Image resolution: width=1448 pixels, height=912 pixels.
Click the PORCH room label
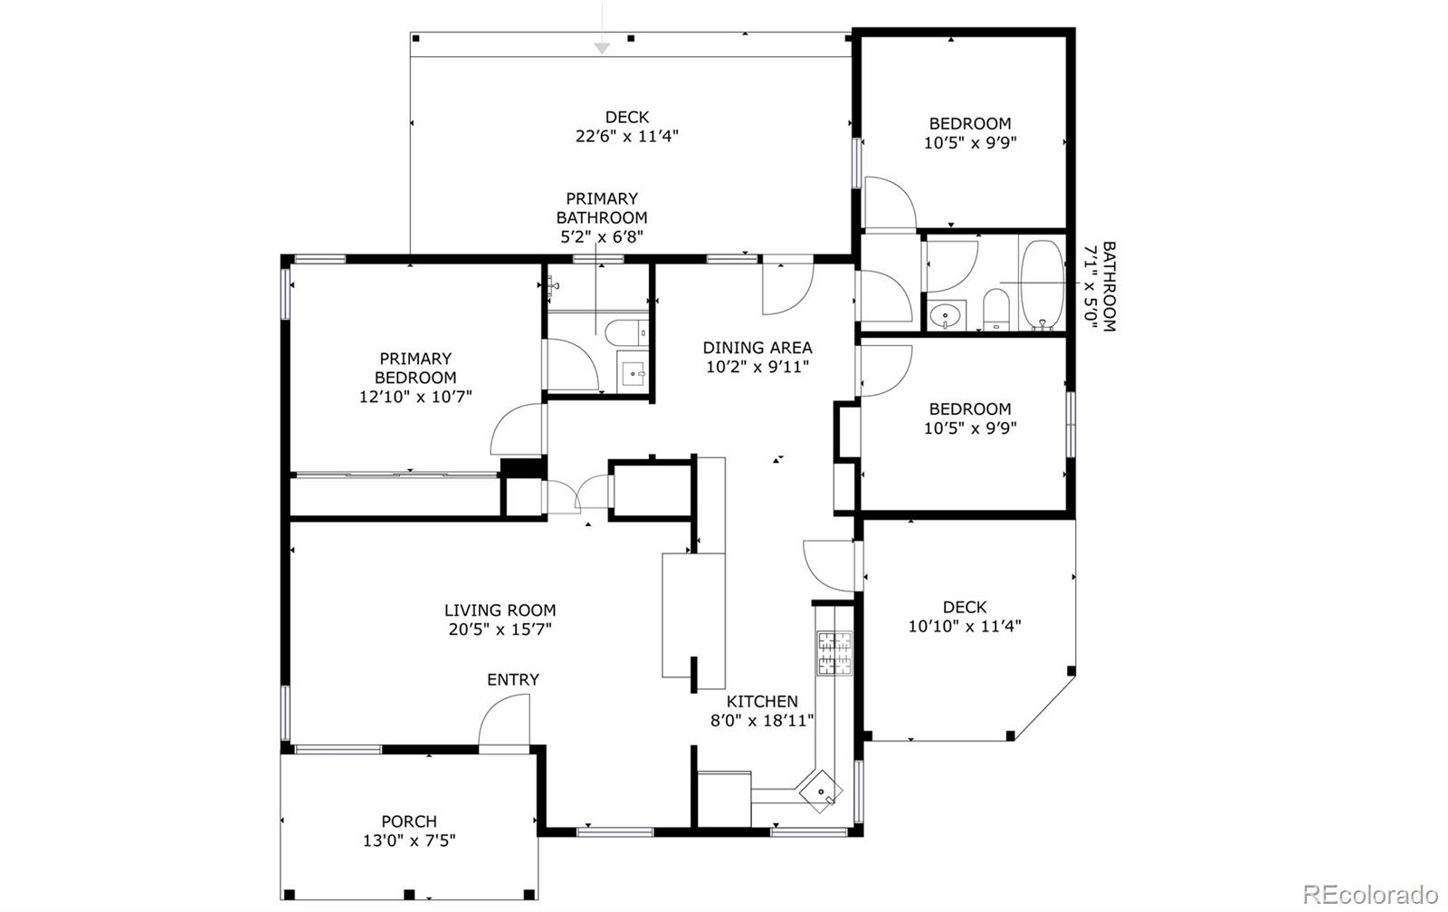[409, 821]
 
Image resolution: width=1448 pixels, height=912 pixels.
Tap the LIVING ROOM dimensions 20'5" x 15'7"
[499, 629]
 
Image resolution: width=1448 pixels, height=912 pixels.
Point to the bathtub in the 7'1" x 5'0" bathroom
[1043, 284]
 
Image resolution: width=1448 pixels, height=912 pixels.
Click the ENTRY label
[512, 679]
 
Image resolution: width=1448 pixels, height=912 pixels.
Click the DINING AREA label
[757, 347]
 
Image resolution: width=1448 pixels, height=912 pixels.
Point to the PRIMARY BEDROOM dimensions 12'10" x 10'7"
[415, 396]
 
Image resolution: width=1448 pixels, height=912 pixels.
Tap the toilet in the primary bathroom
[625, 332]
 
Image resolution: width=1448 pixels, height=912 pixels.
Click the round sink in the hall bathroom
[947, 317]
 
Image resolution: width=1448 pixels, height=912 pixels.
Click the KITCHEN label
[762, 701]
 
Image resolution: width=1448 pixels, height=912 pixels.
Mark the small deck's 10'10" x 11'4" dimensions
[965, 626]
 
